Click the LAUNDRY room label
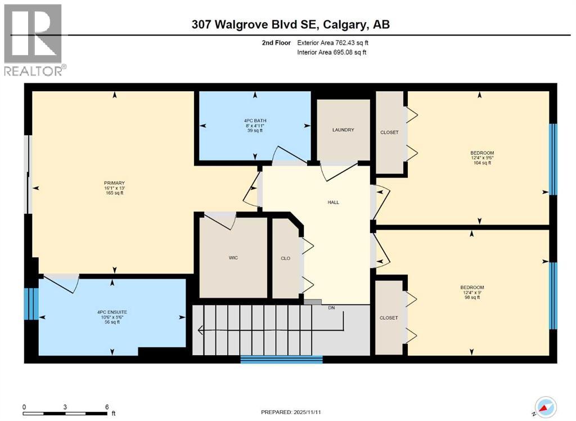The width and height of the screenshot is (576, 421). tap(343, 130)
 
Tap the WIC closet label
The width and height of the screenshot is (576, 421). tap(233, 258)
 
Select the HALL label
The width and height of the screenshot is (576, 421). tap(334, 203)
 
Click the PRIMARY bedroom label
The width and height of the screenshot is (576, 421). tap(114, 183)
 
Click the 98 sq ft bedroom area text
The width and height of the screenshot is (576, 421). tap(471, 297)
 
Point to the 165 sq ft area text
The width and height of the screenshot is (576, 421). tap(114, 193)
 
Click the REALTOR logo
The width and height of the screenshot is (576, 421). tap(34, 39)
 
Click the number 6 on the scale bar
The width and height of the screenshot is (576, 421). tap(106, 407)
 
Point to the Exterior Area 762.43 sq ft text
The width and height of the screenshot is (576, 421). tap(332, 43)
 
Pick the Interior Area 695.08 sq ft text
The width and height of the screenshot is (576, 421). tap(332, 53)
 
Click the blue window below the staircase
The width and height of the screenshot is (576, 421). tap(281, 359)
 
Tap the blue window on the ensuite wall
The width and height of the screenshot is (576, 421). tap(31, 304)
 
